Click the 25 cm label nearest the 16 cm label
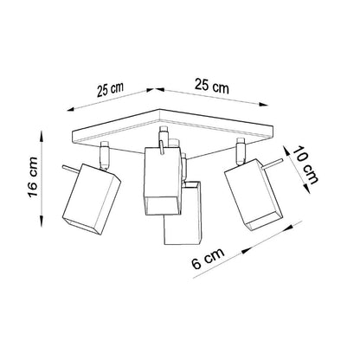[x=111, y=89]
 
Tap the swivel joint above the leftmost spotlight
[x=105, y=156]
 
